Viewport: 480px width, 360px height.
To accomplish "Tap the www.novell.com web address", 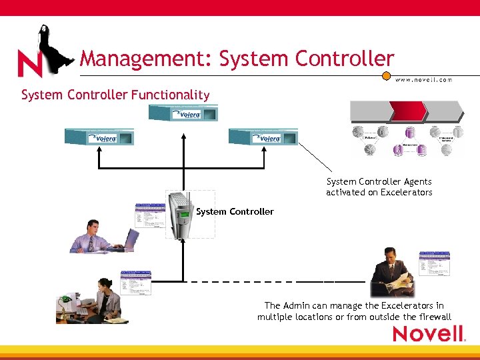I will click(x=423, y=79).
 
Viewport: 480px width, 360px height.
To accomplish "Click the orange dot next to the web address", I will click(x=386, y=76).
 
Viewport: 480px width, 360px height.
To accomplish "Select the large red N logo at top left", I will click(x=29, y=64).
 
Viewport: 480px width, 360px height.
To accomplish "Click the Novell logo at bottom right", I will click(x=428, y=333).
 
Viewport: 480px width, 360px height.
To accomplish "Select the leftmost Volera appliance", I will click(x=99, y=137).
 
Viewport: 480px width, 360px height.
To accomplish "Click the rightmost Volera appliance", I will click(x=263, y=137).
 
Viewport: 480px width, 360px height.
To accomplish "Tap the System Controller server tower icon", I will click(x=182, y=214).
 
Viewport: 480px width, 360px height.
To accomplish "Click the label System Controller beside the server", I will click(x=235, y=211).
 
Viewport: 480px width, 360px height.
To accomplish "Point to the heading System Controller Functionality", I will click(x=115, y=95).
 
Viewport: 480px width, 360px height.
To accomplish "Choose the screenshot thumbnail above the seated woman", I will click(x=135, y=283).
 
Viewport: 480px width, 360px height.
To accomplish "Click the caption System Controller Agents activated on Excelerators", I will click(x=379, y=187).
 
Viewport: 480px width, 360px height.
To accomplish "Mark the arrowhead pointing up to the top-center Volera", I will click(x=181, y=128).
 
